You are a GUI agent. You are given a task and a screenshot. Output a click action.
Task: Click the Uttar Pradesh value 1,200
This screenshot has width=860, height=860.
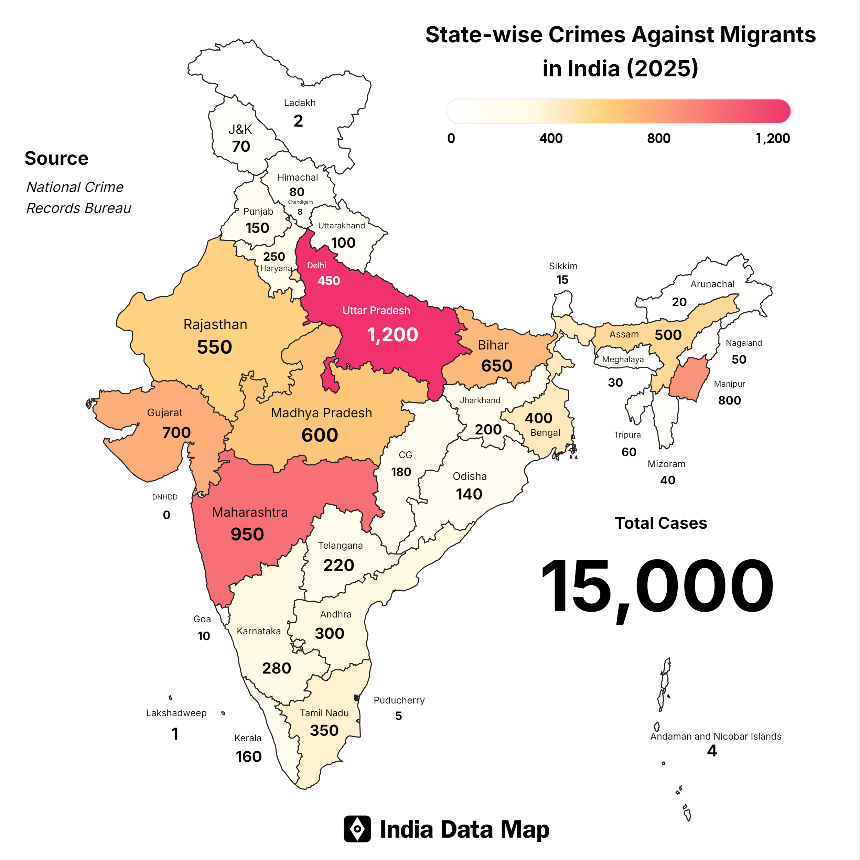(392, 335)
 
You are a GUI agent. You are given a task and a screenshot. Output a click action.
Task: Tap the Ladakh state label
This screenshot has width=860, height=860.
(300, 103)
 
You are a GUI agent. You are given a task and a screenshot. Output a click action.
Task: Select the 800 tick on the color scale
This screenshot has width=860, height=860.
(658, 138)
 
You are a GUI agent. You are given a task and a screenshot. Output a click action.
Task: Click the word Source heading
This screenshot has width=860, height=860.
(56, 159)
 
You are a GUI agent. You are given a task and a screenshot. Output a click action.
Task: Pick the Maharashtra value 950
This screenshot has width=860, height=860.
(247, 534)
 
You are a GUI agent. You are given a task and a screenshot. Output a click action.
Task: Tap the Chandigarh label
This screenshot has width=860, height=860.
(300, 202)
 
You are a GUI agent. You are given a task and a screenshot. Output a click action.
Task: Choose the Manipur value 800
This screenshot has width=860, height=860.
(729, 400)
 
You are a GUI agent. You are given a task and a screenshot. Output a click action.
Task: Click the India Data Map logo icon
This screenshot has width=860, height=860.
(357, 829)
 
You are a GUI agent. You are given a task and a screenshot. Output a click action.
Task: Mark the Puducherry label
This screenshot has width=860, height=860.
(399, 700)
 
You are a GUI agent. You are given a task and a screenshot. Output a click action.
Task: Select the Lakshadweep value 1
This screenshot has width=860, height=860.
(175, 734)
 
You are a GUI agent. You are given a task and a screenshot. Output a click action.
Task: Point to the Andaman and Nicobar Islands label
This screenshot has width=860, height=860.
(715, 736)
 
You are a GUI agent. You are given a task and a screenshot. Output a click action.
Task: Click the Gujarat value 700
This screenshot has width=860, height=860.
(176, 432)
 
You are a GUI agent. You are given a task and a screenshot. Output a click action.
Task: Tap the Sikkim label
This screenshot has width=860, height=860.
(563, 266)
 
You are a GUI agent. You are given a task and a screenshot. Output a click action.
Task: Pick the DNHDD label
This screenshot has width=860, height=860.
(165, 497)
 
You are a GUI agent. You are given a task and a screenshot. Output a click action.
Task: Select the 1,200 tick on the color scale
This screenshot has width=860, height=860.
(772, 138)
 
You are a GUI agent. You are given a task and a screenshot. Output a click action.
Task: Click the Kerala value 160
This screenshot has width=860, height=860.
(248, 756)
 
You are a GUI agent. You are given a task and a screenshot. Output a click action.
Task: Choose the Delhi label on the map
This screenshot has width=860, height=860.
(316, 265)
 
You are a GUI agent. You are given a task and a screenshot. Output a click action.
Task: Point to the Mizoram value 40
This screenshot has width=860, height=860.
(667, 480)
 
